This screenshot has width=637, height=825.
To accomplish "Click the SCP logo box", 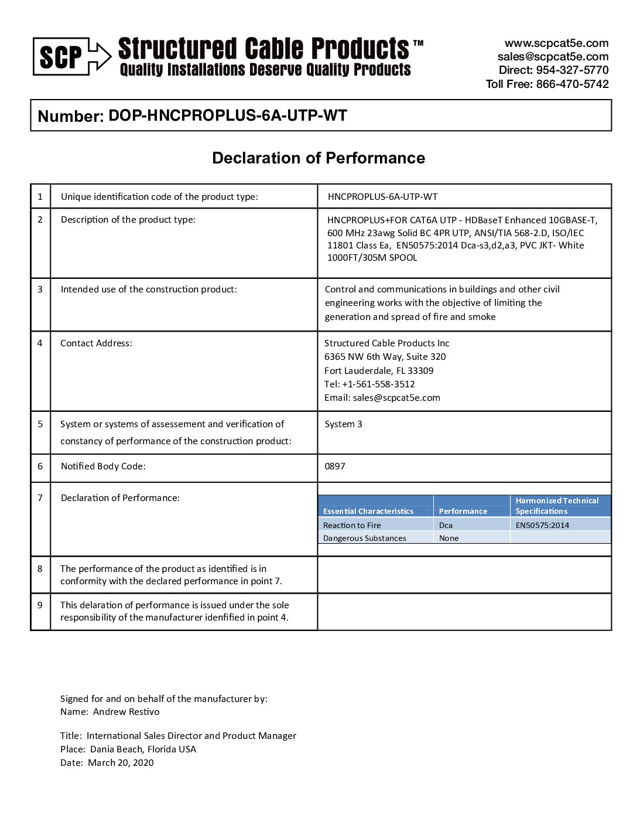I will pos(61,57).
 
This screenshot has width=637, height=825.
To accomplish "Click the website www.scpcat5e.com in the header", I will pos(556,43).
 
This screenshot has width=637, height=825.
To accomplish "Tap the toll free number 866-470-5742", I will pos(572,84).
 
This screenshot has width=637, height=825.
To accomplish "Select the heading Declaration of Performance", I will pos(318,158).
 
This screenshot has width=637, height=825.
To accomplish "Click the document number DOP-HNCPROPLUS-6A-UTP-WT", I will pos(228,115).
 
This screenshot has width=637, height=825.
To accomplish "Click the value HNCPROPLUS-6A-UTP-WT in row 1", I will pos(382,197).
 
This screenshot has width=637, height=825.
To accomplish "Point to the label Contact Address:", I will pos(96,343).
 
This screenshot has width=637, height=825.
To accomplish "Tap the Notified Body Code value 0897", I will pos(335,466).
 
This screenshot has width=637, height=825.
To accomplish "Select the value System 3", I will pos(343,424).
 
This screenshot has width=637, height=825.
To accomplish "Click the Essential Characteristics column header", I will pos(368,511).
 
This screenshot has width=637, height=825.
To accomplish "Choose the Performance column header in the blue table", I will pos(463,511).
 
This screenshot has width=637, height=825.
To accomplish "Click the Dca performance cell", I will pos(446,526).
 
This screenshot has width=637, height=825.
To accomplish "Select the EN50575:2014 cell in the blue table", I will pos(542,526).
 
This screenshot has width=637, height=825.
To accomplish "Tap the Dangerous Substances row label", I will pos(364,538).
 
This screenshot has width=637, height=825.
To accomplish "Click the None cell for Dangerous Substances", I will pos(449,538).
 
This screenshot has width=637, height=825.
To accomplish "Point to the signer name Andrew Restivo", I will pos(126,712).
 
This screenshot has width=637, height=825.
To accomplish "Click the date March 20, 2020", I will pos(121,763).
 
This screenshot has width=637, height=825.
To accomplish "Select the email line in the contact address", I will pos(382,398).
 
